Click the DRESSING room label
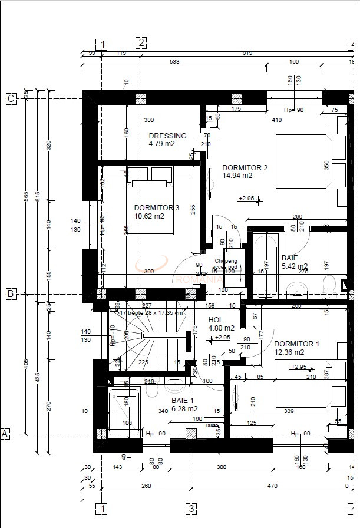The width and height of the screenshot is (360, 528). (167, 136)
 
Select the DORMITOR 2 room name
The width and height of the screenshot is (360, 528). (245, 167)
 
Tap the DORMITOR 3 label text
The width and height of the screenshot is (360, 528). (156, 208)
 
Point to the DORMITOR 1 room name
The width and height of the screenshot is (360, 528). (296, 344)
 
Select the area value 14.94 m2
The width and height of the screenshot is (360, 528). (237, 176)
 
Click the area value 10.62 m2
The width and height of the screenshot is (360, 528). (149, 216)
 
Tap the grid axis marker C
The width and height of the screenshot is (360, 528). (11, 98)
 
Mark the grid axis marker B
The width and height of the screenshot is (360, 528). (11, 293)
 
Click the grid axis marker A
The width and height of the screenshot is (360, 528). (5, 434)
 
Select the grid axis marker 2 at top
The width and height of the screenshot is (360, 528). (141, 42)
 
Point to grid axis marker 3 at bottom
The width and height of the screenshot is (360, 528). (191, 508)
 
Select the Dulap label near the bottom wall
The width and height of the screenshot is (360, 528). (212, 425)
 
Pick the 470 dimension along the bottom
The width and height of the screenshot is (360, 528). (272, 486)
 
